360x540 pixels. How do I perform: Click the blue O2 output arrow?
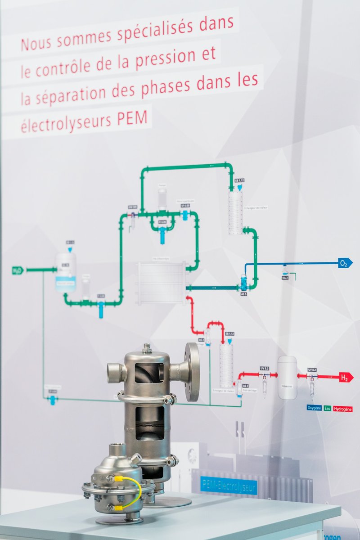(345, 263)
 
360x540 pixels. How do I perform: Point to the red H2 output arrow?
(346, 377)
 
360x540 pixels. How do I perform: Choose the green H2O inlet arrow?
(17, 270)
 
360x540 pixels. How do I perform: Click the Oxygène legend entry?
(314, 408)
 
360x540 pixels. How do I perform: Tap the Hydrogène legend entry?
(343, 409)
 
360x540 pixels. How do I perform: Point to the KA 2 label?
(285, 278)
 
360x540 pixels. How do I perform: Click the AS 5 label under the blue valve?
(244, 294)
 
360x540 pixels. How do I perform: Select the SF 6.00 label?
(185, 206)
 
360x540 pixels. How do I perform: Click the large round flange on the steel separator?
(192, 372)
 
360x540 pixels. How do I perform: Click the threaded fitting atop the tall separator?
(147, 348)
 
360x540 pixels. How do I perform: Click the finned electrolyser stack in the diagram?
(161, 283)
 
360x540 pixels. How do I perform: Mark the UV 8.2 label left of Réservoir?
(265, 369)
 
